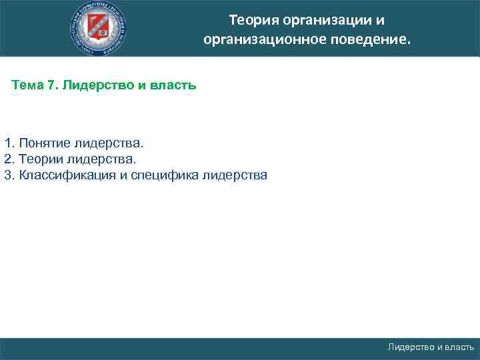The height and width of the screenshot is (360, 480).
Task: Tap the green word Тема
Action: pos(29,86)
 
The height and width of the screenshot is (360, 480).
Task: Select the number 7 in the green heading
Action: pos(52,86)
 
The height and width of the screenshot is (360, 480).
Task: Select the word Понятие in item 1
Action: pos(45,143)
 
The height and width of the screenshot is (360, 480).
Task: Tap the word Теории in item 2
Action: pos(41,159)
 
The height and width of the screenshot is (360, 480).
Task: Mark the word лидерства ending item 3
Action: pos(234,175)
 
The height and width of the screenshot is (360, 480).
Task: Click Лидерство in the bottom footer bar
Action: pos(411,347)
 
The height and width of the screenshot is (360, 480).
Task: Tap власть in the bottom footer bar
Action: pos(460,347)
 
